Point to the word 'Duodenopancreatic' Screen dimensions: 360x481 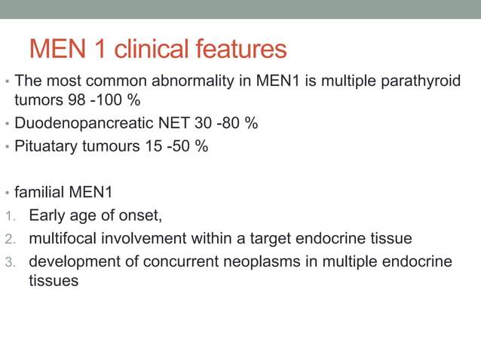(x=78, y=123)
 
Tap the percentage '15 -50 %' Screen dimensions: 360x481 (x=176, y=146)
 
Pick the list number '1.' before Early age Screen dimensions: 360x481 (x=9, y=217)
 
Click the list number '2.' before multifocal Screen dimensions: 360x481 (x=9, y=239)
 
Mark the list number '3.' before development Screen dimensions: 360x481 (x=9, y=261)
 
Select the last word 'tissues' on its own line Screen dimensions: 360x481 (x=54, y=280)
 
